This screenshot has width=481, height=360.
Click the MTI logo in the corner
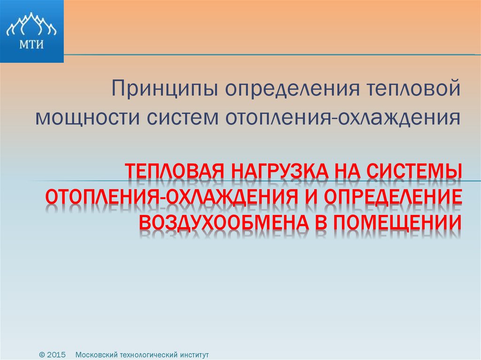click(x=31, y=31)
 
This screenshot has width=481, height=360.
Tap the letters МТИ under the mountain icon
click(x=31, y=45)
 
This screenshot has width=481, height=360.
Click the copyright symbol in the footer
click(x=42, y=355)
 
